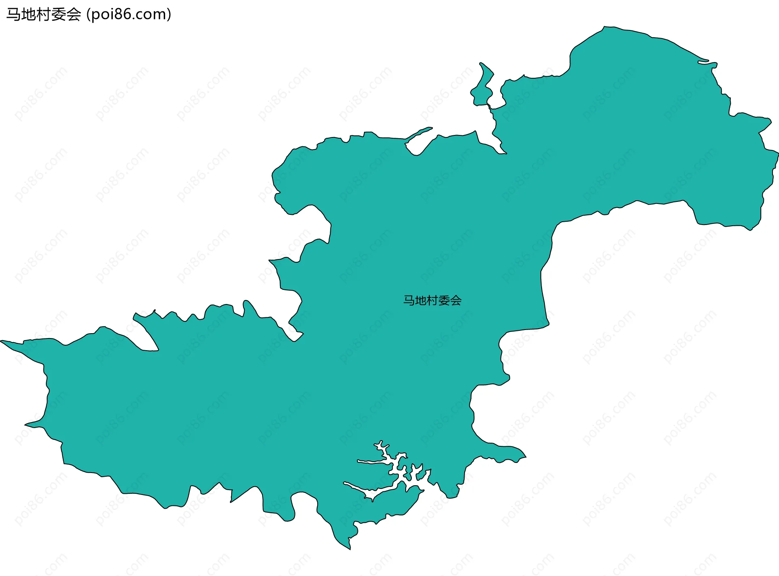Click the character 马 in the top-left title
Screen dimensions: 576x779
pos(13,15)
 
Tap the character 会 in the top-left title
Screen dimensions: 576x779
pos(73,15)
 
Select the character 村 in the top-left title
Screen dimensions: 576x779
pos(43,15)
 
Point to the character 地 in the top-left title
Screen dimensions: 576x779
pos(28,15)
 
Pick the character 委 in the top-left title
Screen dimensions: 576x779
pos(58,15)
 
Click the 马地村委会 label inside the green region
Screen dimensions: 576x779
pos(432,300)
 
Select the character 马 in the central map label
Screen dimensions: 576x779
pos(409,300)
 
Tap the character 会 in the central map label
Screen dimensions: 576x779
pos(456,300)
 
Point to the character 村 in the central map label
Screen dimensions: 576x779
pos(432,300)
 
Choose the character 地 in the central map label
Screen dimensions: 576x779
pos(420,300)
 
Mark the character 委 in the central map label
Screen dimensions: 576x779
pos(444,300)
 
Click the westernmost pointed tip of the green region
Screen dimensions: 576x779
pos(2,341)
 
